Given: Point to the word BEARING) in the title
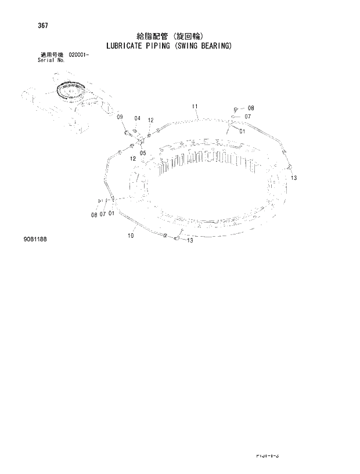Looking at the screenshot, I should coord(217,45).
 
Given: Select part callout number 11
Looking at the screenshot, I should coord(195,106).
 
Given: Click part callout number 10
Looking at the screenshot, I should coord(130,236).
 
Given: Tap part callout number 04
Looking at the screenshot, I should coord(137,118).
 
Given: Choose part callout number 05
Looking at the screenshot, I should coord(142,153).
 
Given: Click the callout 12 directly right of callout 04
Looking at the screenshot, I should coord(150,120).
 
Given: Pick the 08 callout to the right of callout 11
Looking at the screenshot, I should coord(250,108).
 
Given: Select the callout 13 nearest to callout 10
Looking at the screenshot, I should coord(189,241).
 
